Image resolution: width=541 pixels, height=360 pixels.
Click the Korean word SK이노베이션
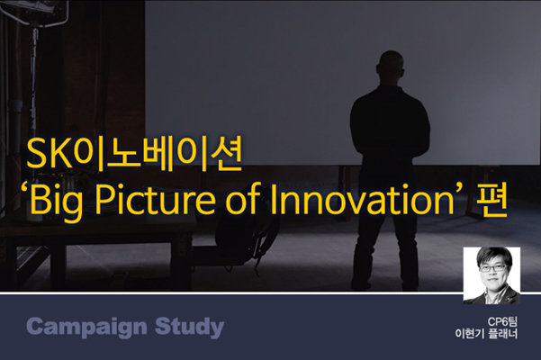point(134,154)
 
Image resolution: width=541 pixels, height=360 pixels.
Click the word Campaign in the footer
point(86,327)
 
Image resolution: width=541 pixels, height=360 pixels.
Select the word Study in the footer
point(189,327)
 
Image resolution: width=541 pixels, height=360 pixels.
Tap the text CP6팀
point(502,321)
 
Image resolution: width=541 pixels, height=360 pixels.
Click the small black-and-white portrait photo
point(491,275)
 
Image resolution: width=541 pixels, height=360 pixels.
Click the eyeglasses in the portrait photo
point(493,268)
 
